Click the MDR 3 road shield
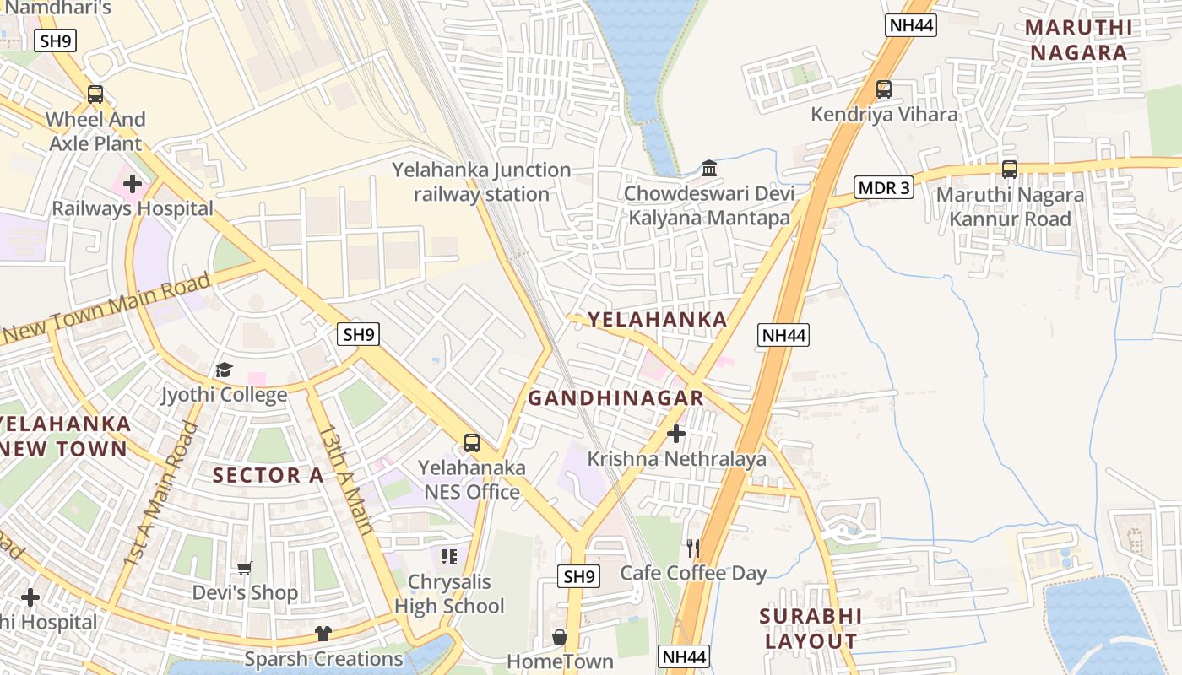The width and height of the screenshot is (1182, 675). (x=884, y=187)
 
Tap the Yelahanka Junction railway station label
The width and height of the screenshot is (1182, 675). (x=481, y=182)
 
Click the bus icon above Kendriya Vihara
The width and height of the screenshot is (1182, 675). (x=884, y=89)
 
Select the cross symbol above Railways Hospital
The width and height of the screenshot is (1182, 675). (x=133, y=183)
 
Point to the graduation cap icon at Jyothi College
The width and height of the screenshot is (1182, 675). (x=224, y=370)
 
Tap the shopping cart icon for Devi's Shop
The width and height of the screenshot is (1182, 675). (x=245, y=568)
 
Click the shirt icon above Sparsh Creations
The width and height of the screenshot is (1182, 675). (x=323, y=634)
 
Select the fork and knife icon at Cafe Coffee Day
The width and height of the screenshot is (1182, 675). (x=693, y=548)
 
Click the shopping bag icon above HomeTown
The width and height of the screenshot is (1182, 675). (x=559, y=637)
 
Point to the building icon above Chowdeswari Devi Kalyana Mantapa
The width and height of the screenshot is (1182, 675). (x=709, y=169)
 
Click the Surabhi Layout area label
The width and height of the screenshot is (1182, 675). (x=811, y=629)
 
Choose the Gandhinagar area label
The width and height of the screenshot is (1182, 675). (x=615, y=398)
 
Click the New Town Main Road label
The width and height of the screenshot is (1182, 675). (x=106, y=308)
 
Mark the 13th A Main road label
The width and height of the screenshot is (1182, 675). (x=346, y=479)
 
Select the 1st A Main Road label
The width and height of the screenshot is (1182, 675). (x=160, y=494)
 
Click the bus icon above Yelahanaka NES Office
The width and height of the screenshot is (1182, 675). (x=472, y=442)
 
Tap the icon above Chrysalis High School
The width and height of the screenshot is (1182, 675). (x=449, y=557)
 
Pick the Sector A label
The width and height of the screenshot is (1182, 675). (x=268, y=476)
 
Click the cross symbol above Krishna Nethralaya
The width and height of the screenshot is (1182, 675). (x=676, y=434)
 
